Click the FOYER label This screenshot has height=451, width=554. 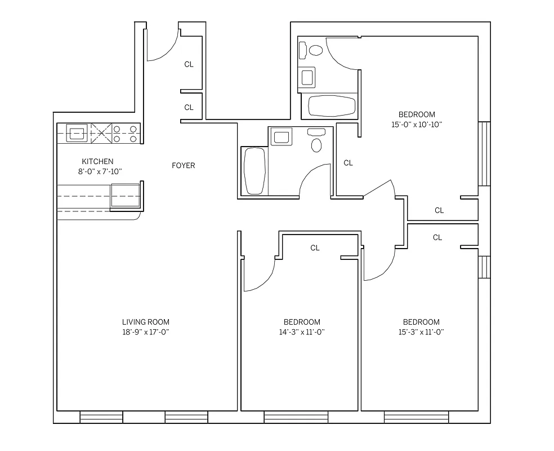click(x=184, y=166)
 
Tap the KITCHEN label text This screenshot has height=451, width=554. click(x=97, y=162)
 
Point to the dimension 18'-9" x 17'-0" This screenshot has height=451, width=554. click(x=146, y=332)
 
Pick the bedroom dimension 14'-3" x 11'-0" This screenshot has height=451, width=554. click(x=302, y=332)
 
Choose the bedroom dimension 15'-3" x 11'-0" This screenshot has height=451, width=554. click(x=421, y=332)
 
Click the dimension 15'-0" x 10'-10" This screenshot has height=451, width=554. click(x=417, y=125)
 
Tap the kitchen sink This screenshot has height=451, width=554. click(x=77, y=134)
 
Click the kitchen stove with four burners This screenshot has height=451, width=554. click(x=126, y=134)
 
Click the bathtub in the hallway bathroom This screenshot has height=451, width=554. click(x=254, y=171)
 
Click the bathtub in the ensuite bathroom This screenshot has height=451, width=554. click(x=332, y=106)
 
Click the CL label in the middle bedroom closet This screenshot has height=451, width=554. click(x=315, y=248)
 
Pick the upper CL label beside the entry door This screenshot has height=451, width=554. click(x=189, y=65)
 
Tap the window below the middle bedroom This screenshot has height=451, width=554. click(x=296, y=417)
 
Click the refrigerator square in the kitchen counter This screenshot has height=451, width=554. click(x=125, y=196)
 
